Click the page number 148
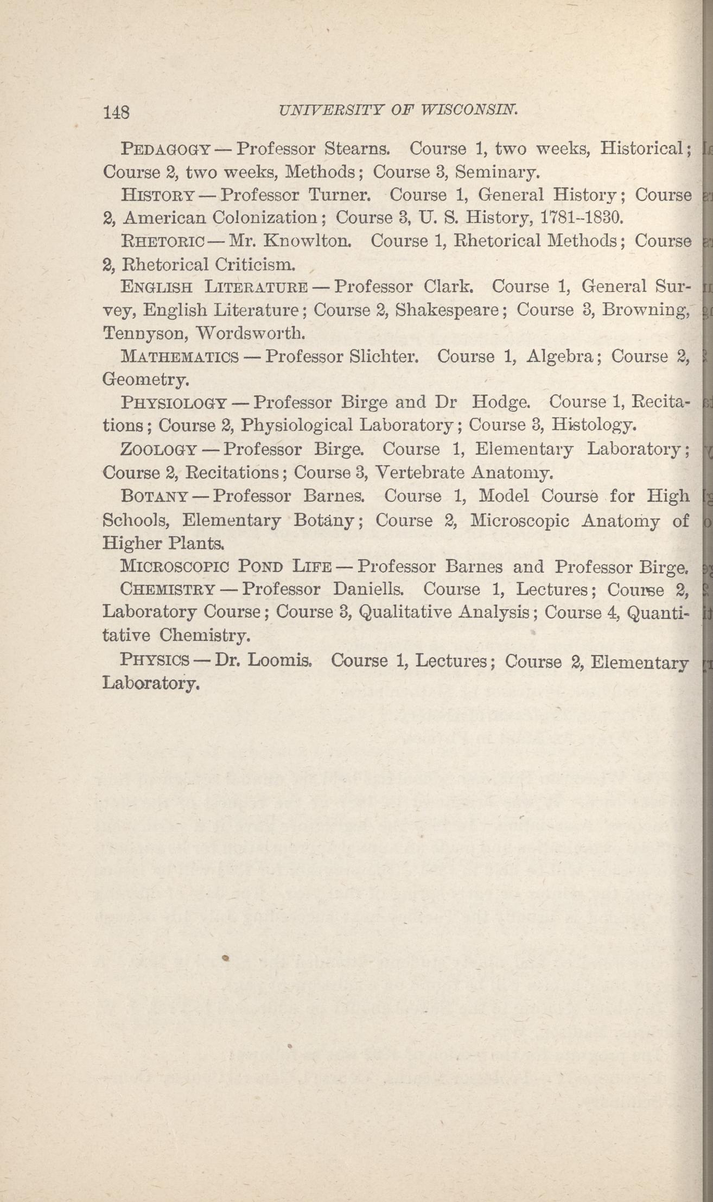pyautogui.click(x=116, y=112)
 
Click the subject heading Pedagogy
pyautogui.click(x=165, y=148)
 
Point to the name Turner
pyautogui.click(x=339, y=194)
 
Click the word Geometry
pyautogui.click(x=145, y=379)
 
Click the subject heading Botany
pyautogui.click(x=155, y=496)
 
